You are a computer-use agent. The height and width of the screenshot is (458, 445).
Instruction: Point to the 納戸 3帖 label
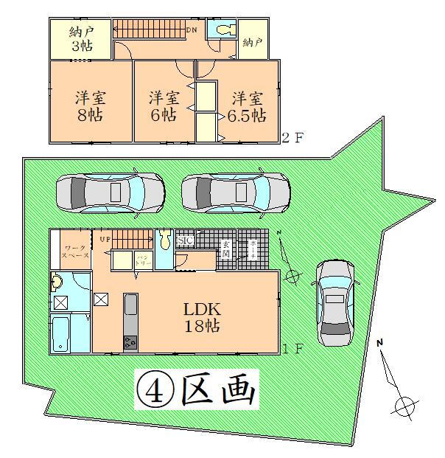80,38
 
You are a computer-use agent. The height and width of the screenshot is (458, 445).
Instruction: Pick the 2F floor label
293,137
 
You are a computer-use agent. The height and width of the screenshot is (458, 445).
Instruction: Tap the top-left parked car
110,193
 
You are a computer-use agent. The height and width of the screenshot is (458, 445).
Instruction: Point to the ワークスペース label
75,251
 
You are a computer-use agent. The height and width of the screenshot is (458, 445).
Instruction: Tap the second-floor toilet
222,31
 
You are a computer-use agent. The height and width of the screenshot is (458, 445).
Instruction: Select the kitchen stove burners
130,342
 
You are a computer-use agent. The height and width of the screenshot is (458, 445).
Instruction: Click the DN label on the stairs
191,30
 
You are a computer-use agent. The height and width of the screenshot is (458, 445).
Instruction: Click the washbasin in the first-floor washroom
57,282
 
